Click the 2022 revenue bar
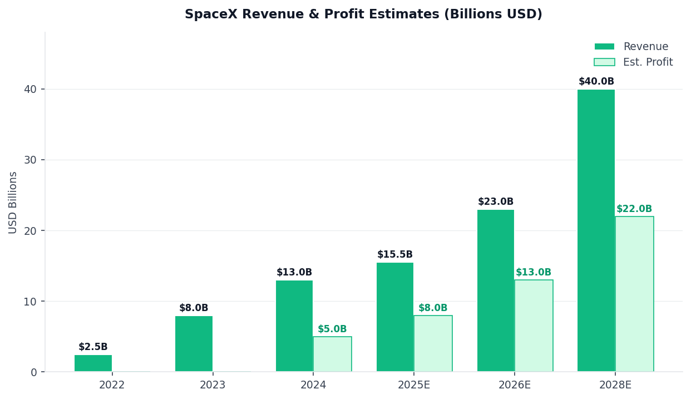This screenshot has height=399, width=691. [93, 363]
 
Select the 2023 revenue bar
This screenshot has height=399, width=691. [194, 344]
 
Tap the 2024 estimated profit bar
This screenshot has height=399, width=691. [332, 354]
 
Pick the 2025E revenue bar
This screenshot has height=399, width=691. [395, 317]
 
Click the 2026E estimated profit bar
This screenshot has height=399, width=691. [534, 326]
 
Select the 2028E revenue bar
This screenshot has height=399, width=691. [596, 230]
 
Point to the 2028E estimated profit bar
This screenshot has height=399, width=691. [634, 294]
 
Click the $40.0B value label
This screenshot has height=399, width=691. [596, 82]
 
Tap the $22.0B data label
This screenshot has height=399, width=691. [634, 209]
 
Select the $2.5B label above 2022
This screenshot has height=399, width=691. [93, 347]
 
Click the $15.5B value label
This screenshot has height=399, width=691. [395, 255]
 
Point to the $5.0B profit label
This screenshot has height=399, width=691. [332, 329]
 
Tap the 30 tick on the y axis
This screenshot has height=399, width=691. [30, 160]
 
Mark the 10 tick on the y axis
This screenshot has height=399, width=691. [30, 301]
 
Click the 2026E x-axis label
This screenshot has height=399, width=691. [515, 385]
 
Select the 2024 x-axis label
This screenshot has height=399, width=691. [313, 385]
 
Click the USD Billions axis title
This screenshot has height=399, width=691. [13, 202]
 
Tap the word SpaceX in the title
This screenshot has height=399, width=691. [208, 14]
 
